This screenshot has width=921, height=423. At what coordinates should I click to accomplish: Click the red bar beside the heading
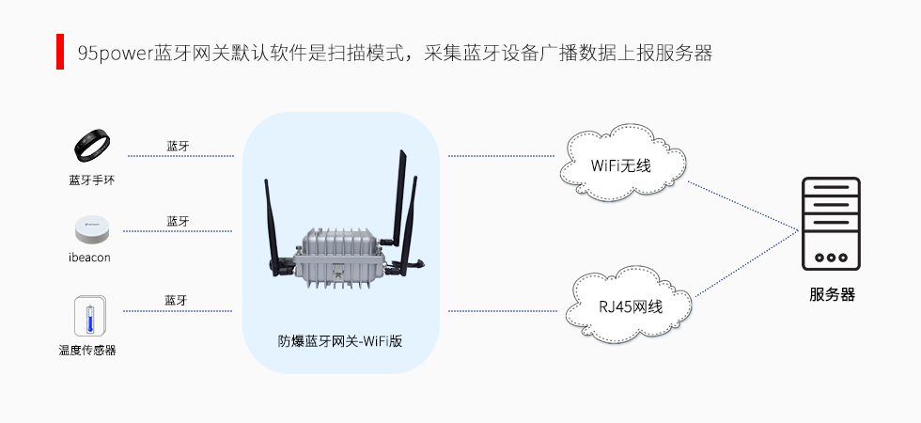(x=60, y=53)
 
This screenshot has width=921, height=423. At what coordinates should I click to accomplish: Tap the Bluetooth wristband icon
(x=92, y=147)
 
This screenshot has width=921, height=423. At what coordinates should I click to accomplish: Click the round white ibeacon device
(x=91, y=229)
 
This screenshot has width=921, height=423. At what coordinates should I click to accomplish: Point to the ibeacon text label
(x=90, y=258)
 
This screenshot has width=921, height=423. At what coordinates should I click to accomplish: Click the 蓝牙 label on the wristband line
(x=179, y=146)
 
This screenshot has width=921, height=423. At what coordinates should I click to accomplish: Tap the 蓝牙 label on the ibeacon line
(x=179, y=221)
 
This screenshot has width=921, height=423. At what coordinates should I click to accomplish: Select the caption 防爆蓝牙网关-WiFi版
(x=340, y=341)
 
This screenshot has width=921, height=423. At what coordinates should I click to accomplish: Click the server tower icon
(x=831, y=225)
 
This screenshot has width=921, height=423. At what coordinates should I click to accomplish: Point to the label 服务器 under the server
(x=832, y=294)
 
